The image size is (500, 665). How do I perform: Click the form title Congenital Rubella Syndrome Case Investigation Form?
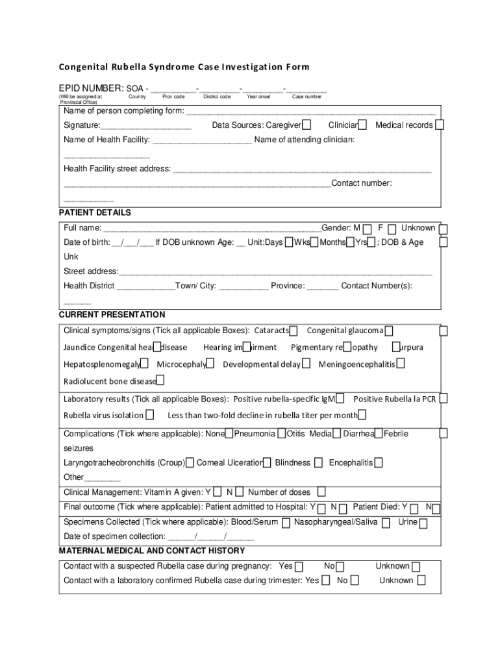[184, 67]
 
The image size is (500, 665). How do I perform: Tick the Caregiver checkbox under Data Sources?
[306, 125]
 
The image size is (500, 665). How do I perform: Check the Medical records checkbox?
[440, 125]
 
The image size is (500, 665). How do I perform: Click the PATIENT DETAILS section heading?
[95, 213]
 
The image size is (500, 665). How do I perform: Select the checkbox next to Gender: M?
[368, 229]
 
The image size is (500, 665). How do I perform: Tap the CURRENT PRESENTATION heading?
[112, 315]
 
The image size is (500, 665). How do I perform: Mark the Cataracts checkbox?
[294, 331]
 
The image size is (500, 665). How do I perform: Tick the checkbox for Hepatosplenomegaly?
[145, 364]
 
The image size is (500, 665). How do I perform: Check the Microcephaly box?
[211, 364]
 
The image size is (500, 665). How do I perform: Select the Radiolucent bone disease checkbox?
[160, 380]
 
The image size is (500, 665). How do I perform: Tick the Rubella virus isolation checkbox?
[150, 415]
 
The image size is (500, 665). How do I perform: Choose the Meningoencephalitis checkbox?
[401, 364]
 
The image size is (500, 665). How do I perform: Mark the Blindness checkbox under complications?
[318, 463]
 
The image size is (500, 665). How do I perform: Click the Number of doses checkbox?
[321, 492]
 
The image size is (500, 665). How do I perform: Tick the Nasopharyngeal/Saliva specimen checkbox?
[386, 522]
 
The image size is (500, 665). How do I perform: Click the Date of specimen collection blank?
[210, 537]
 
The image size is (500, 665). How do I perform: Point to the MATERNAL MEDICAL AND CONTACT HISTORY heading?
[152, 551]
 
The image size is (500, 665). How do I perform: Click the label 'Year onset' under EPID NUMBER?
[258, 97]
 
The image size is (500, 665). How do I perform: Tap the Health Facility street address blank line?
[302, 169]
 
